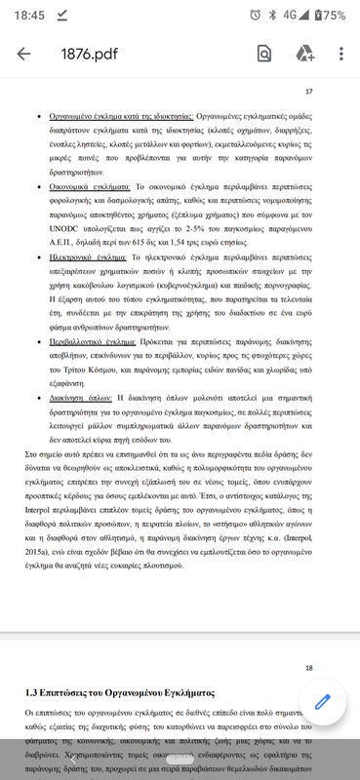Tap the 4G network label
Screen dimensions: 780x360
[290, 15]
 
